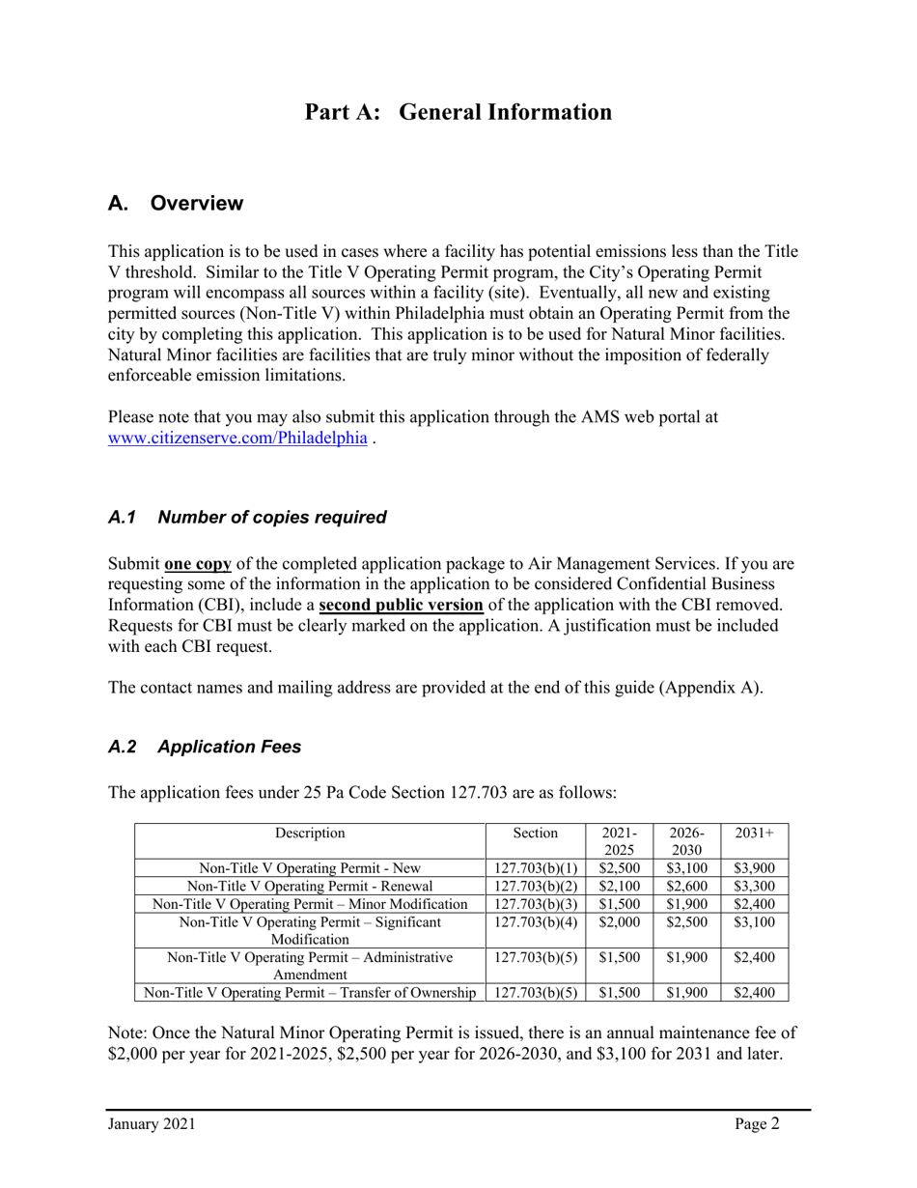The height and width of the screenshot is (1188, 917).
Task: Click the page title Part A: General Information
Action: coord(458,112)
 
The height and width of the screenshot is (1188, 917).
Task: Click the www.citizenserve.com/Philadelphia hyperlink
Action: coord(237,438)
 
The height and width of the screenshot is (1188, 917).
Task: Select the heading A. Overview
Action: coord(176,204)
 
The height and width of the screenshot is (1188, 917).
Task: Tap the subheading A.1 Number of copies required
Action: coord(247,517)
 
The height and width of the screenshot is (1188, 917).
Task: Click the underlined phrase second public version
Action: coord(401,606)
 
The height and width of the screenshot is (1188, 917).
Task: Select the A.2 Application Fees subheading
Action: coord(205,747)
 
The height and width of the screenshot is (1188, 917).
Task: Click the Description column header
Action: coord(310,833)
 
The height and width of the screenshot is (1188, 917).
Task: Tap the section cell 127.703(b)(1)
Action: coord(535,868)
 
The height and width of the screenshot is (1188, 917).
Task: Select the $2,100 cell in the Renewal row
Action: coord(619,886)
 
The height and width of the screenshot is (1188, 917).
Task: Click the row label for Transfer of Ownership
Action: coord(310,992)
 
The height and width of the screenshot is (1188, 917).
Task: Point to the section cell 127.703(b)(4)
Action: coord(535,922)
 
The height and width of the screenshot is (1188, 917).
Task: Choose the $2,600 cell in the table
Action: coord(686,886)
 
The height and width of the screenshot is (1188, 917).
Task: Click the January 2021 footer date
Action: coord(152,1123)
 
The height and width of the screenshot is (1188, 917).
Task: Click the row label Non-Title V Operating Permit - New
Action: coord(310,868)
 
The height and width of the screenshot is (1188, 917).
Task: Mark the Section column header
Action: coord(535,833)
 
